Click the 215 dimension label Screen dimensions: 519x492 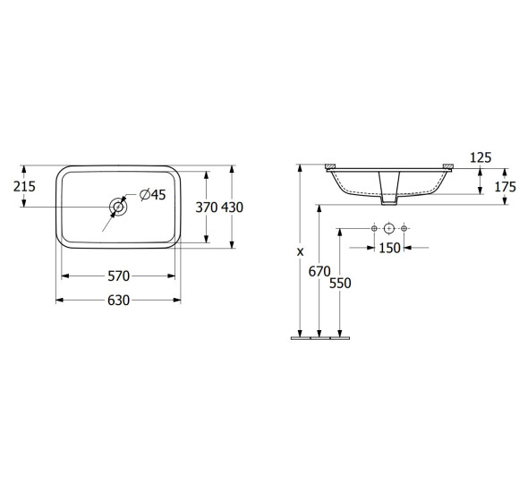tap(24, 187)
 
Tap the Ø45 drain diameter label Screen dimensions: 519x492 tap(153, 194)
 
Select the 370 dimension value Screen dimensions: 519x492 tap(207, 208)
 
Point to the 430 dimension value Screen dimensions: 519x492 tap(232, 208)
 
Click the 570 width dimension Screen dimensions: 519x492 tap(118, 276)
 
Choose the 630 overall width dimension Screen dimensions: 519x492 tap(118, 301)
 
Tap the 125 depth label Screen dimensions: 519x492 tap(481, 157)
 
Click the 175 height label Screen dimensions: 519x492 tap(505, 187)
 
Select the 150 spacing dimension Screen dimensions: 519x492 tap(389, 248)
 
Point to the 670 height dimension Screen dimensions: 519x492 tap(319, 272)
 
